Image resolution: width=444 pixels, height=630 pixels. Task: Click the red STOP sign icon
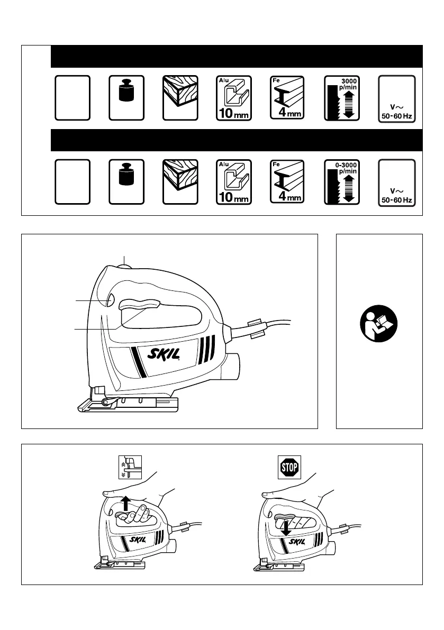289,467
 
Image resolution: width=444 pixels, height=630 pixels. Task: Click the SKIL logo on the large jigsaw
159,358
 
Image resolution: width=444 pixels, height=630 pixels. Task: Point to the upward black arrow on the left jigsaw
125,502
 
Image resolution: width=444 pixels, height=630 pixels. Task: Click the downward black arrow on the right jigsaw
285,527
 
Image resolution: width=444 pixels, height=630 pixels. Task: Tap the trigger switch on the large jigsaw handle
140,305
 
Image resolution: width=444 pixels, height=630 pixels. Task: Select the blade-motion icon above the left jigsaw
127,468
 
